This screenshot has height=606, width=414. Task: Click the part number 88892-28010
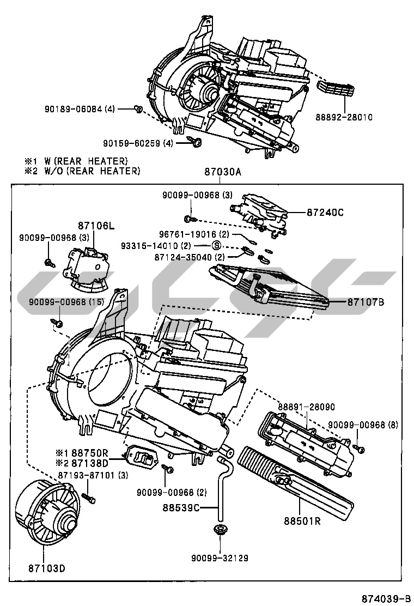(344, 117)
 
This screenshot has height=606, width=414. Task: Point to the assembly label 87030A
(222, 172)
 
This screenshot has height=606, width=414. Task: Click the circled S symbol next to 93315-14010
(216, 245)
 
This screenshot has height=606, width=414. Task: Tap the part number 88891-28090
(306, 407)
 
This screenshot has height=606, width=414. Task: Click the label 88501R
(301, 520)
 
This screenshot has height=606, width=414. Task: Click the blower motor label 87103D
(46, 568)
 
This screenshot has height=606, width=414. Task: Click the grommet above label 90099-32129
(221, 529)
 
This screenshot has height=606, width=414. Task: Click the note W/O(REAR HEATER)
(82, 171)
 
